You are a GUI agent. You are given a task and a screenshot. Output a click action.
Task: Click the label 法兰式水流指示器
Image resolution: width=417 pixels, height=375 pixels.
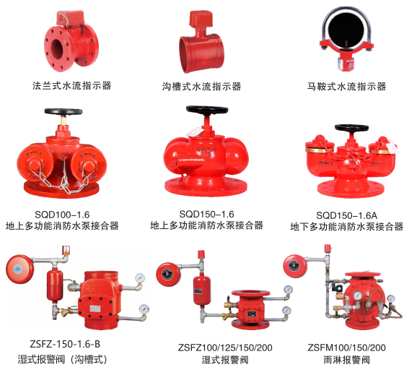pyautogui.click(x=72, y=85)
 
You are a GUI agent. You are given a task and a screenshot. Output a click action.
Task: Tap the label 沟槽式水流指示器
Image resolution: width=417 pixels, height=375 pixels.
pyautogui.click(x=202, y=87)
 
